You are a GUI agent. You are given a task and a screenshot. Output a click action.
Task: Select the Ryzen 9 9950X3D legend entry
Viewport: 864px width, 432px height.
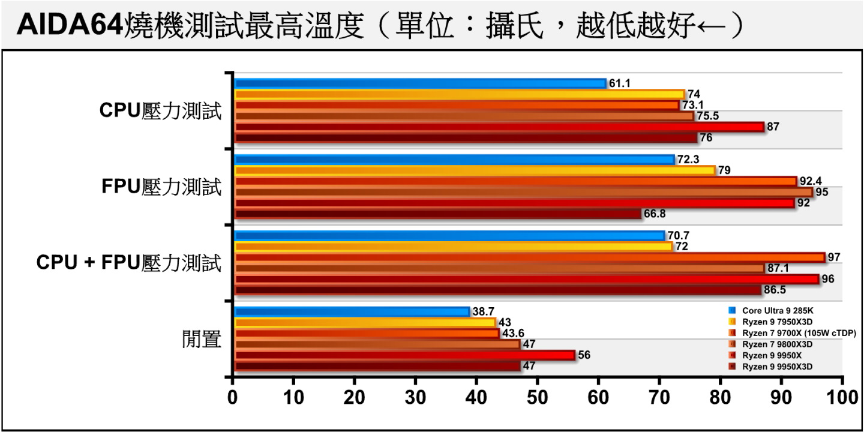click(x=774, y=366)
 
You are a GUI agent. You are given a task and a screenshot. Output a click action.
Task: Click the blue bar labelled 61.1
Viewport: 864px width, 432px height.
click(x=420, y=83)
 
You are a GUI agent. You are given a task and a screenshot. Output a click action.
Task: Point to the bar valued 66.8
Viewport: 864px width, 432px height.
click(x=438, y=214)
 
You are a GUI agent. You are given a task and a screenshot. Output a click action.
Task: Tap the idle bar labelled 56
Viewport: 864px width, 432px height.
click(x=404, y=355)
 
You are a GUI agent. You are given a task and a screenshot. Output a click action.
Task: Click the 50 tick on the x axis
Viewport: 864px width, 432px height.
click(x=537, y=398)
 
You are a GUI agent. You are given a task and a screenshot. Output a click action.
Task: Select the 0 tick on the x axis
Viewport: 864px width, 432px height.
click(x=233, y=398)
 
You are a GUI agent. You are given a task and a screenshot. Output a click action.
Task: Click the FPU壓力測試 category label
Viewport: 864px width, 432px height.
click(x=161, y=187)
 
